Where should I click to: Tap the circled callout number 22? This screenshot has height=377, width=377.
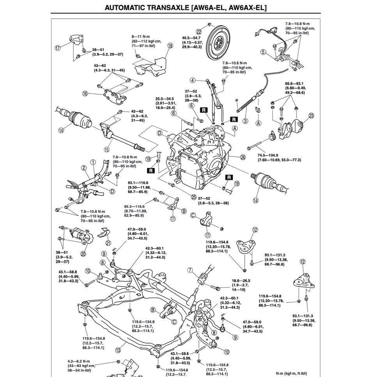click(x=199, y=32)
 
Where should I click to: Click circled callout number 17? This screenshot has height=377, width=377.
click(x=58, y=48)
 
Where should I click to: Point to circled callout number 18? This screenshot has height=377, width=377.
click(x=170, y=46)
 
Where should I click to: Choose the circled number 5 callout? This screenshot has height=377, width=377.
click(x=264, y=52)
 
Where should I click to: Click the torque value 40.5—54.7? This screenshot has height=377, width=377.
click(x=192, y=38)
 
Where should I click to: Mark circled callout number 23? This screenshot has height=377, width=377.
click(x=311, y=115)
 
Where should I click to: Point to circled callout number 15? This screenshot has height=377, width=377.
click(x=107, y=149)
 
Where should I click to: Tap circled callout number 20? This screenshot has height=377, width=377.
click(x=83, y=254)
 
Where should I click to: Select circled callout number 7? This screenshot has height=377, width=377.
click(x=190, y=270)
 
